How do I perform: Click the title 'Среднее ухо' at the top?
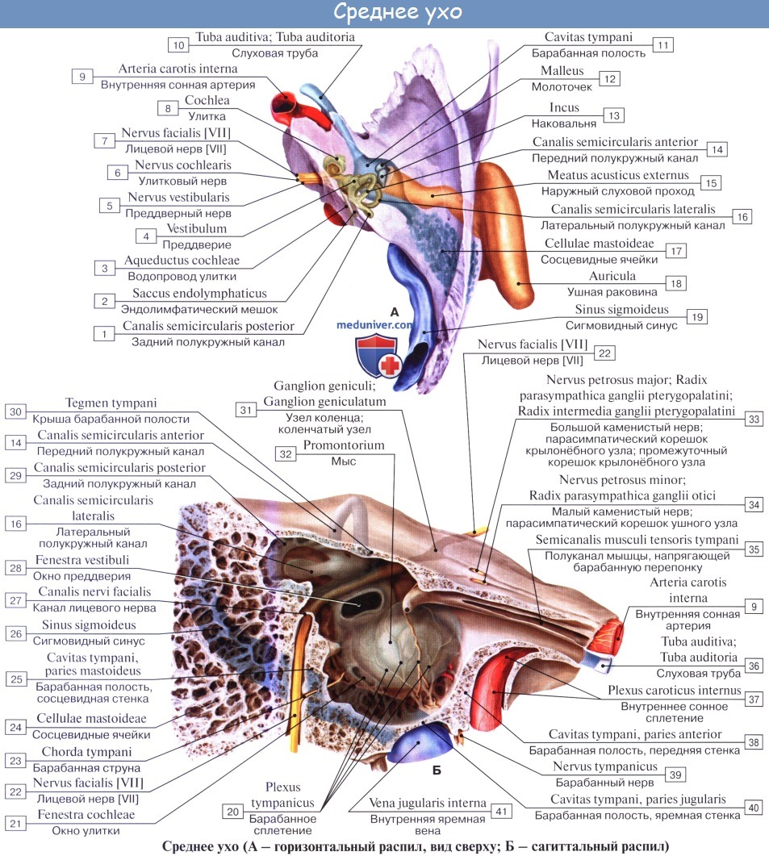pyautogui.click(x=384, y=14)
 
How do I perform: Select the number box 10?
pyautogui.click(x=178, y=45)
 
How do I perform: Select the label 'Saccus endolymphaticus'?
pyautogui.click(x=194, y=293)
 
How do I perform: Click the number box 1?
pyautogui.click(x=104, y=332)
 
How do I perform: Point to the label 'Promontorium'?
pyautogui.click(x=344, y=445)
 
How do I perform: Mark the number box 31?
pyautogui.click(x=249, y=411)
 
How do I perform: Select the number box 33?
pyautogui.click(x=754, y=419)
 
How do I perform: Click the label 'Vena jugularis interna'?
pyautogui.click(x=428, y=804)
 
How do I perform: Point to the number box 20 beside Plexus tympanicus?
pyautogui.click(x=233, y=812)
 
